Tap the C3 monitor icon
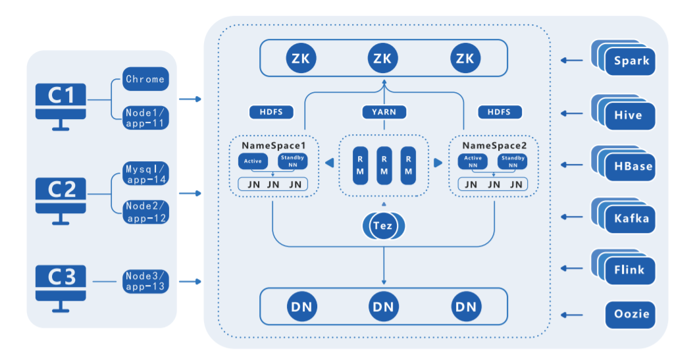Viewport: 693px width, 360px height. pyautogui.click(x=61, y=284)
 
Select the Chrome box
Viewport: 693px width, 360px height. pyautogui.click(x=145, y=79)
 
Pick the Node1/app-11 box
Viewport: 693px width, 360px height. pyautogui.click(x=145, y=117)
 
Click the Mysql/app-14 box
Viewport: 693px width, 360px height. pyautogui.click(x=145, y=173)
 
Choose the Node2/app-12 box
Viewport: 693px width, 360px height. pyautogui.click(x=145, y=211)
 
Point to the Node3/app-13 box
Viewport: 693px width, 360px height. pyautogui.click(x=145, y=281)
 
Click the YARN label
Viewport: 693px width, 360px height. pyautogui.click(x=384, y=112)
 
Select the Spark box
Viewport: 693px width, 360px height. pyautogui.click(x=631, y=61)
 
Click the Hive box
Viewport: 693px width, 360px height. pyautogui.click(x=631, y=115)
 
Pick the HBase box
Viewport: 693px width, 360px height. pyautogui.click(x=631, y=166)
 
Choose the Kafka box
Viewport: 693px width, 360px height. pyautogui.click(x=631, y=218)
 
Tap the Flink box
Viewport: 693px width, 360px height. pyautogui.click(x=631, y=269)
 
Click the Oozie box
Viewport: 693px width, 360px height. pyautogui.click(x=631, y=314)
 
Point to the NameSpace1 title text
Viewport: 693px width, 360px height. pyautogui.click(x=272, y=145)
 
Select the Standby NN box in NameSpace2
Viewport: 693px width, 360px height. pyautogui.click(x=512, y=162)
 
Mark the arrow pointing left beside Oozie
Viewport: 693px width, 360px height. pyautogui.click(x=571, y=314)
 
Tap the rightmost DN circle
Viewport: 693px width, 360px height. pyautogui.click(x=466, y=306)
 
